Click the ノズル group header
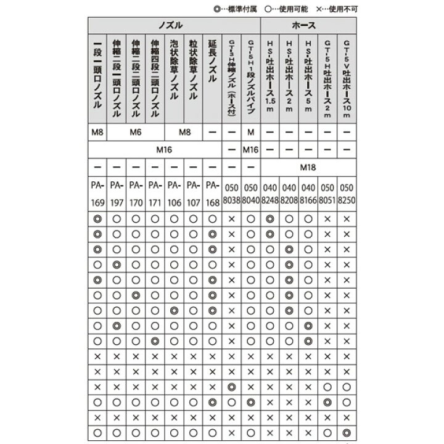(x=174, y=27)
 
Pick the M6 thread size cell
(x=136, y=132)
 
